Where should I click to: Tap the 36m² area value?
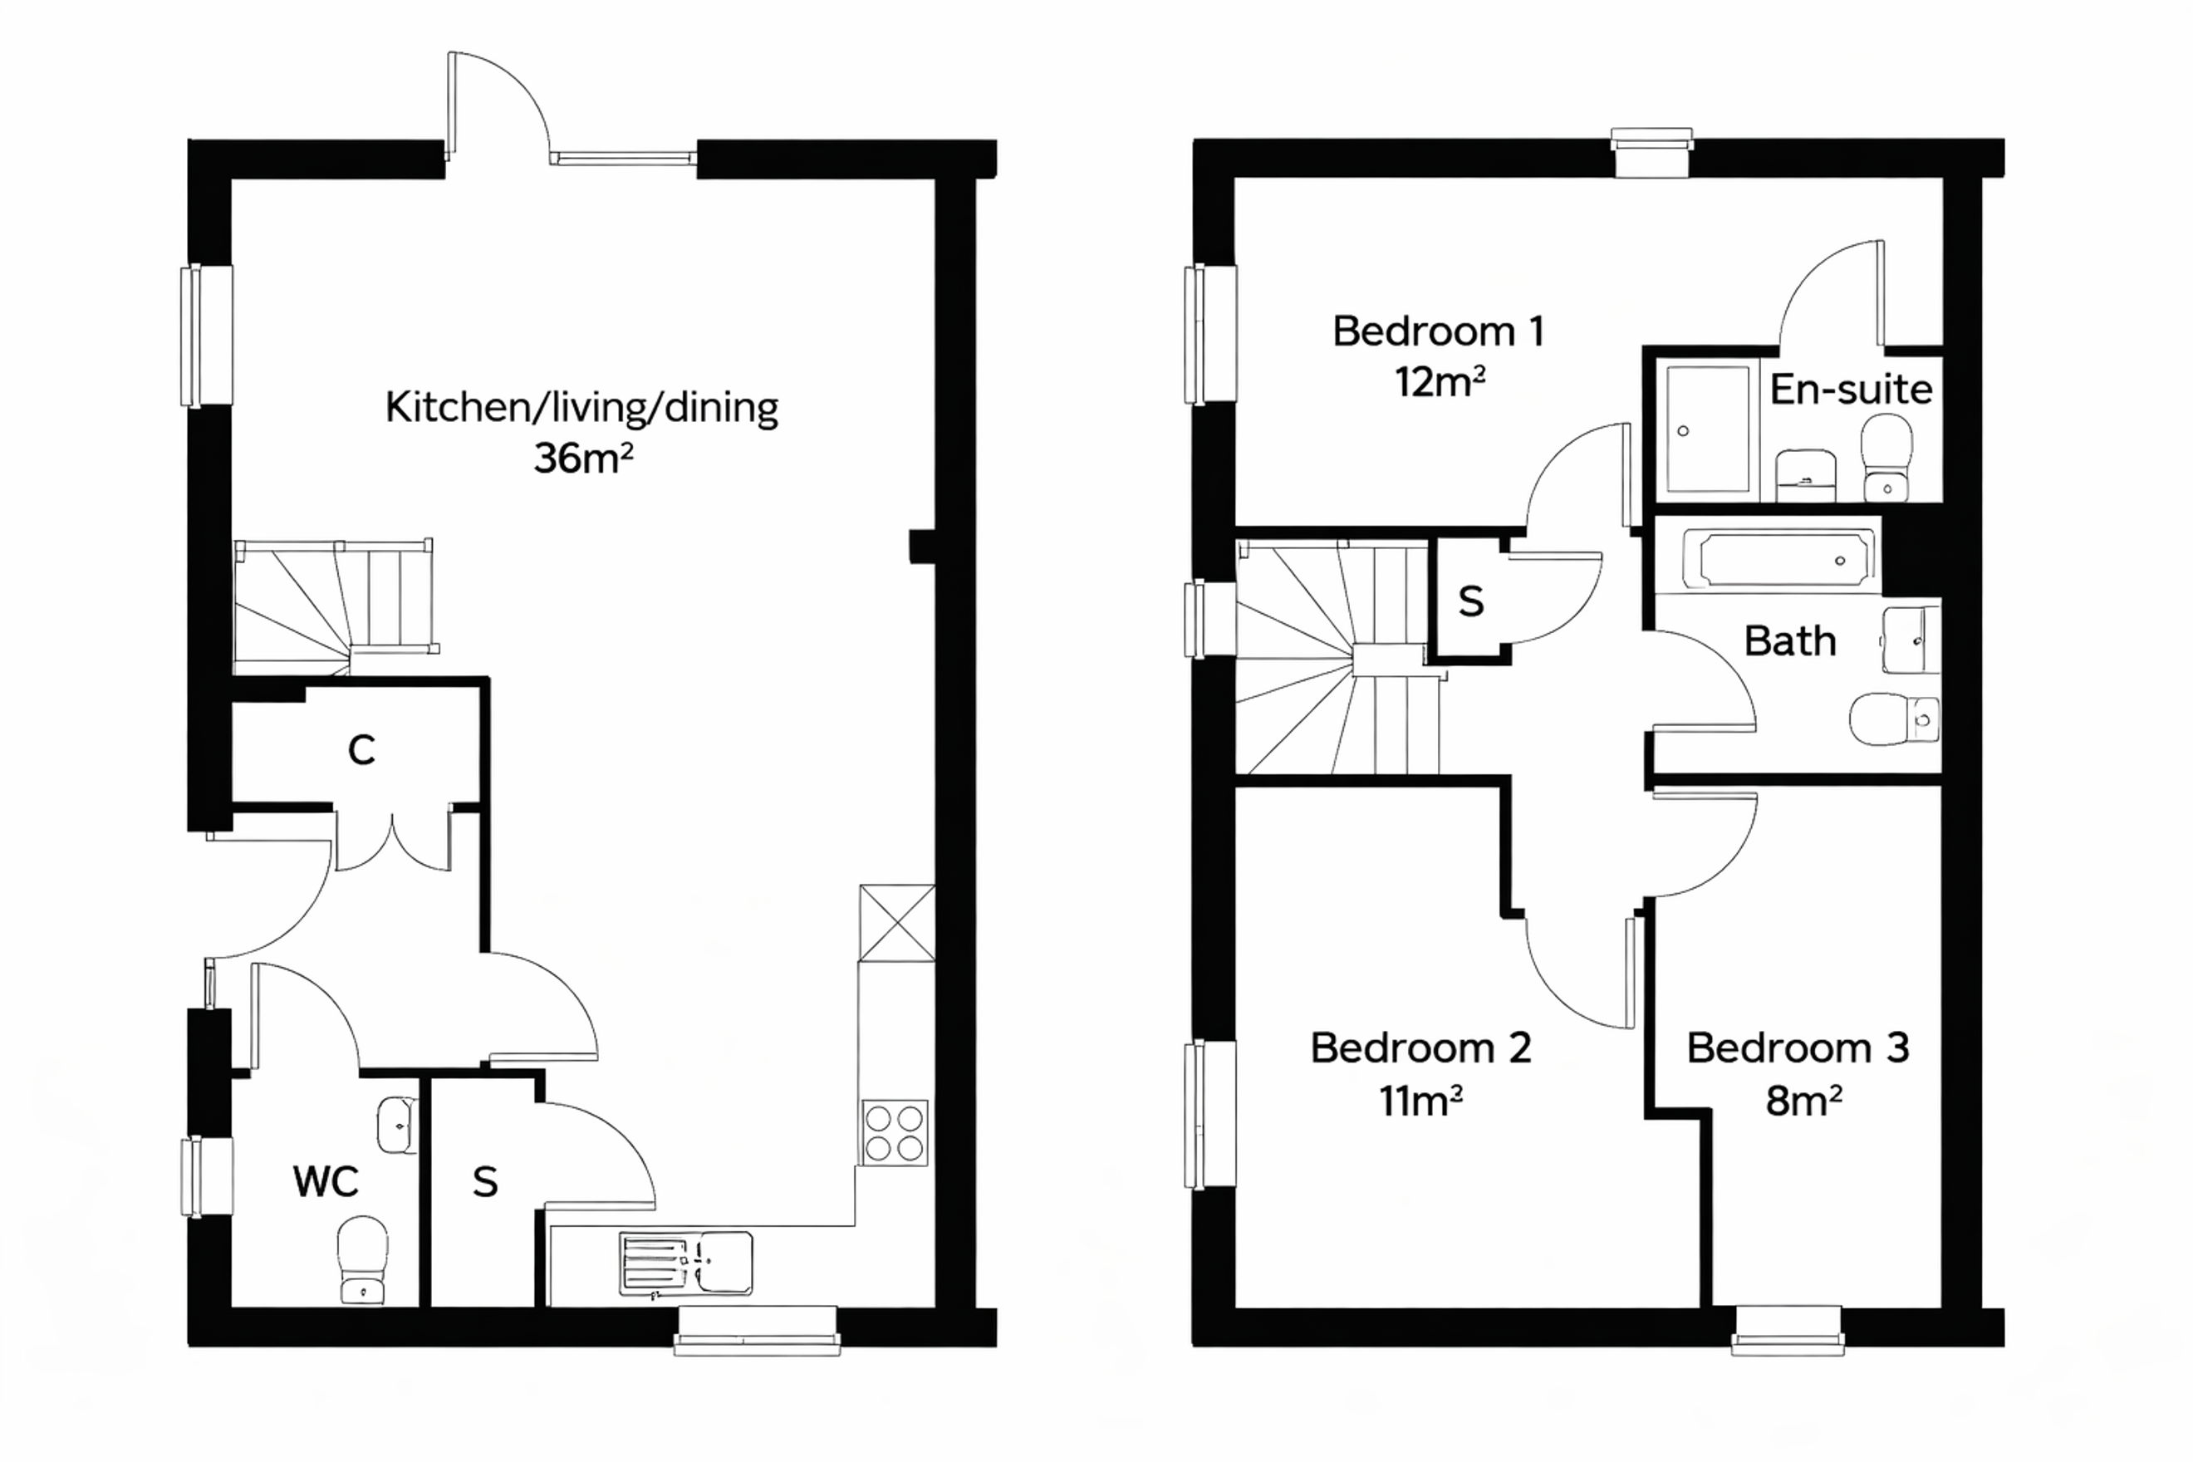584,458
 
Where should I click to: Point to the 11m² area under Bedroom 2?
1421,1101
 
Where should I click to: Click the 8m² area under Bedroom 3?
1803,1101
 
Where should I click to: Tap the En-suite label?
1851,389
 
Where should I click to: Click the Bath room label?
1790,641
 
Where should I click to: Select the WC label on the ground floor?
326,1181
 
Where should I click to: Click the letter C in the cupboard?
362,749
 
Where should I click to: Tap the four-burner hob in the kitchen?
895,1132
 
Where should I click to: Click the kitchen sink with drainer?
686,1263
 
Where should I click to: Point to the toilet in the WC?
363,1258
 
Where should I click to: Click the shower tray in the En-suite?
1708,429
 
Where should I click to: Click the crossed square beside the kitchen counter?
897,923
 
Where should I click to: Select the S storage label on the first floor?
1470,602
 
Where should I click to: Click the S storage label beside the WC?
485,1182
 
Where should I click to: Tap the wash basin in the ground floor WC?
397,1126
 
